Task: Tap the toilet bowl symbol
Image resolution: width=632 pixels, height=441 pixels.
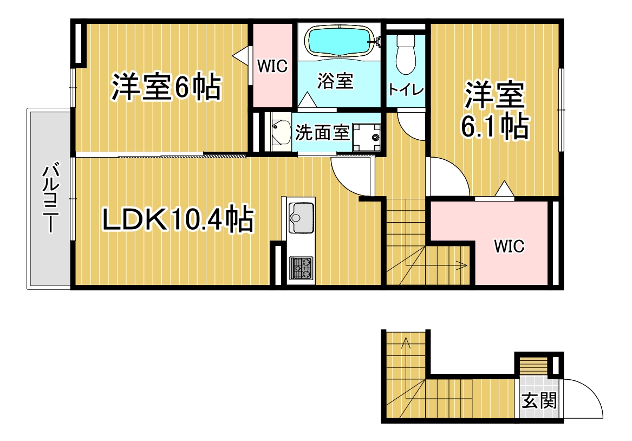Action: click(406, 55)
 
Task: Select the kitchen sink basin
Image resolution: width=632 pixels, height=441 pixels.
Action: click(301, 218)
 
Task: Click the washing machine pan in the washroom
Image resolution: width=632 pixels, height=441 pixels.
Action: click(367, 137)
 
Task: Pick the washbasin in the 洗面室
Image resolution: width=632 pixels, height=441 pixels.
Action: click(281, 132)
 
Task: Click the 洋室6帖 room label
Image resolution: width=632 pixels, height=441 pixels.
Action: click(166, 87)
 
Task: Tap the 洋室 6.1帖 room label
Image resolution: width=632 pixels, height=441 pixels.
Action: click(494, 111)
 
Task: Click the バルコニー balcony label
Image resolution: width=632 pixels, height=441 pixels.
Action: click(51, 198)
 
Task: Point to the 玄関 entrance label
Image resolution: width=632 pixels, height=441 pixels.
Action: click(539, 401)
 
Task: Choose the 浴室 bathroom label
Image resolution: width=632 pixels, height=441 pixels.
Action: click(335, 81)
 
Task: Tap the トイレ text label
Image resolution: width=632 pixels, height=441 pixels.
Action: click(406, 89)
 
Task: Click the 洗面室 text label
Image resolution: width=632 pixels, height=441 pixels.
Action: click(322, 133)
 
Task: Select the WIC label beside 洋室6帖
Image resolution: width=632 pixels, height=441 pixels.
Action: click(272, 66)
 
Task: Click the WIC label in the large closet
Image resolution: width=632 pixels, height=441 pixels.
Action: click(510, 246)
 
